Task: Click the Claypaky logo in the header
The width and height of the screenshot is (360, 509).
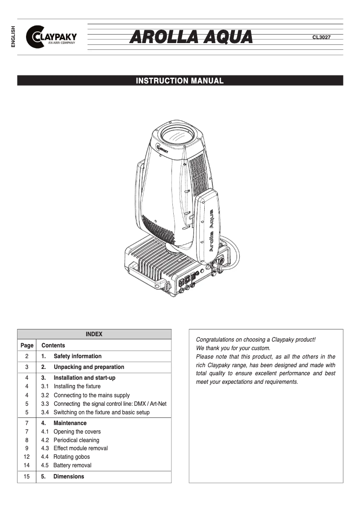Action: pyautogui.click(x=51, y=37)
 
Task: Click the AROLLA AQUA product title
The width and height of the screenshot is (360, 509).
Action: pyautogui.click(x=191, y=37)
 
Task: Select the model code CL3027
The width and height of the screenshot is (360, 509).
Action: pyautogui.click(x=321, y=37)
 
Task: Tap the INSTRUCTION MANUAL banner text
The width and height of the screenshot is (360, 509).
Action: pyautogui.click(x=180, y=81)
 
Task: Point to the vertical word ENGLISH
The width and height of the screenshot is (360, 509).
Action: pyautogui.click(x=13, y=37)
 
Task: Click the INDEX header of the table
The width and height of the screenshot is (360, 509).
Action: pyautogui.click(x=94, y=334)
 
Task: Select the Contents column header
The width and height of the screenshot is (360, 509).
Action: pyautogui.click(x=53, y=345)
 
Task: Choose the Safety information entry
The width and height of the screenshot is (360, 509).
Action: pyautogui.click(x=77, y=356)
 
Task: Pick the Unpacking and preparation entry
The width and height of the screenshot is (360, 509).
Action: pyautogui.click(x=88, y=367)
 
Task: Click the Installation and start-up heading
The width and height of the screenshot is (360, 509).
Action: pyautogui.click(x=84, y=378)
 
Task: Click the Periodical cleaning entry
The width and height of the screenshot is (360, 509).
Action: pyautogui.click(x=76, y=440)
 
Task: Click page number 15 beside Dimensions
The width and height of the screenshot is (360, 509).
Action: pyautogui.click(x=26, y=476)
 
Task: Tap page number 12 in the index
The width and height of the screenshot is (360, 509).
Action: pyautogui.click(x=26, y=457)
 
